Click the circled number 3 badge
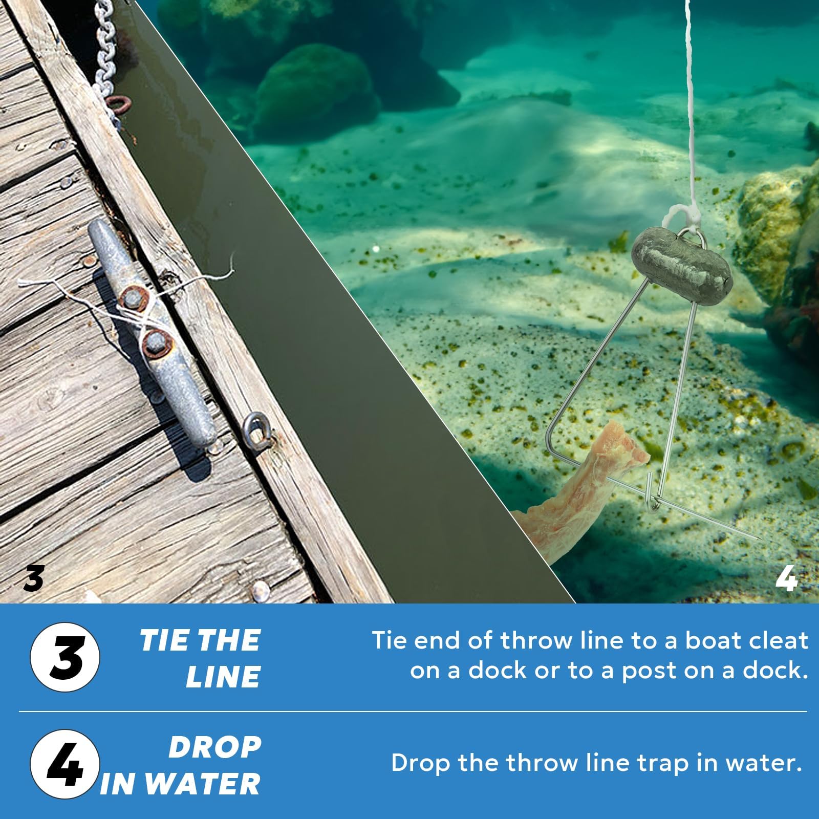pyautogui.click(x=65, y=657)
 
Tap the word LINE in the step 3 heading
pyautogui.click(x=224, y=676)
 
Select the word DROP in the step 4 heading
pyautogui.click(x=214, y=747)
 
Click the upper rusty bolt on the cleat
pyautogui.click(x=132, y=295)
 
